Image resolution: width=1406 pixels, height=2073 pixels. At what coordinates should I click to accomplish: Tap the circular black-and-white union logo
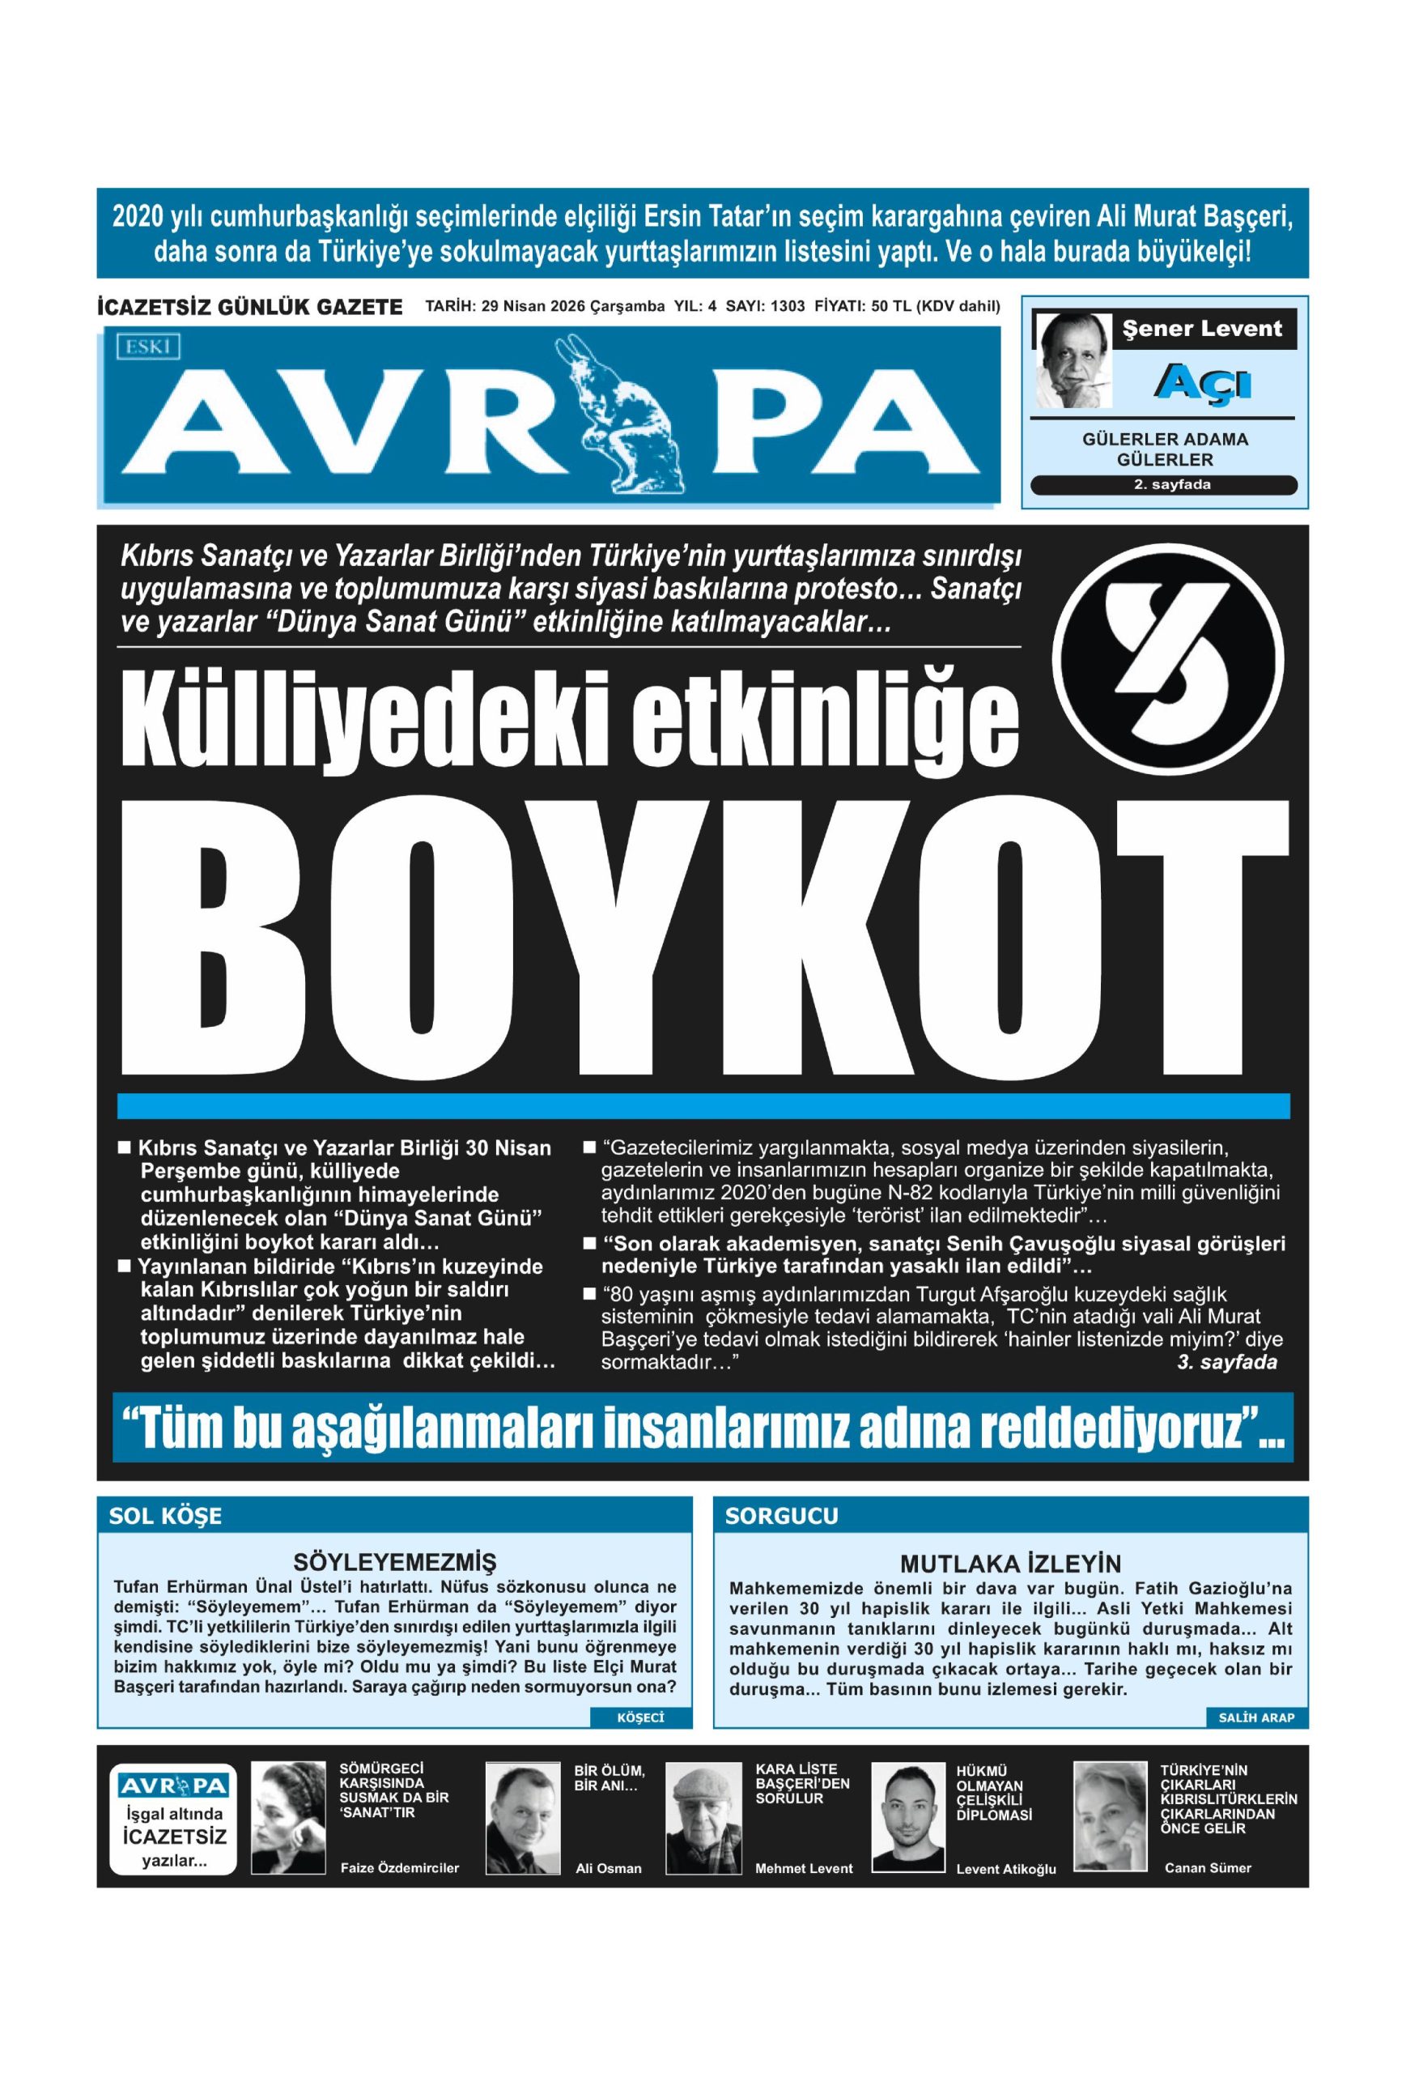pyautogui.click(x=1167, y=659)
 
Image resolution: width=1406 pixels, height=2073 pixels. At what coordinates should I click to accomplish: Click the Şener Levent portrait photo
pyautogui.click(x=1071, y=360)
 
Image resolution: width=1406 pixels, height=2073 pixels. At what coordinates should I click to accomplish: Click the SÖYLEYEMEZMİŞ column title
pyautogui.click(x=394, y=1562)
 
